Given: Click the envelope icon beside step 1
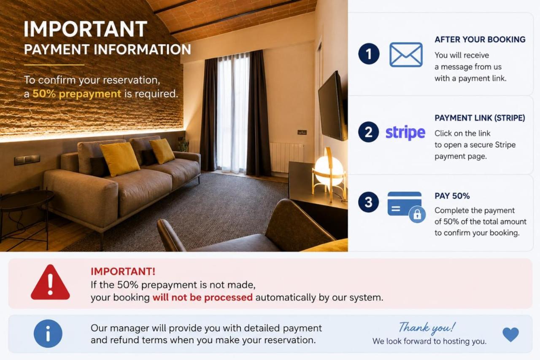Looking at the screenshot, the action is click(406, 55).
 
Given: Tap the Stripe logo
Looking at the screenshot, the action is click(405, 133).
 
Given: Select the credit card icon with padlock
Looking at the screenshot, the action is click(406, 207).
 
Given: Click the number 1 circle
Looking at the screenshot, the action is click(369, 54).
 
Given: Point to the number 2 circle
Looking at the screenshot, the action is click(368, 132).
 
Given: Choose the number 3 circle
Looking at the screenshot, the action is click(368, 202).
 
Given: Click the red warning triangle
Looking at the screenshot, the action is click(50, 282).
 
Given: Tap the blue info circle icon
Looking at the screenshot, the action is click(48, 334).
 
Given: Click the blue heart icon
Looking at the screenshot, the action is click(510, 334).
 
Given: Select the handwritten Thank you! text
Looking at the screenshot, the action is click(427, 328).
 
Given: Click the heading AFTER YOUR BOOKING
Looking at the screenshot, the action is click(480, 40).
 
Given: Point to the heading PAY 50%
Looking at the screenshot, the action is click(452, 196).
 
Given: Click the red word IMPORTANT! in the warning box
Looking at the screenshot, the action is click(123, 271).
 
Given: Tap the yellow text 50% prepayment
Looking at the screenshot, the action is click(77, 94).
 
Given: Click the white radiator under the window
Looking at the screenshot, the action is click(286, 157).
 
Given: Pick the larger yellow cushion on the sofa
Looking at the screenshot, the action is click(120, 159).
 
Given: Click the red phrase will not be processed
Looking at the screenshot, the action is click(202, 298).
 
